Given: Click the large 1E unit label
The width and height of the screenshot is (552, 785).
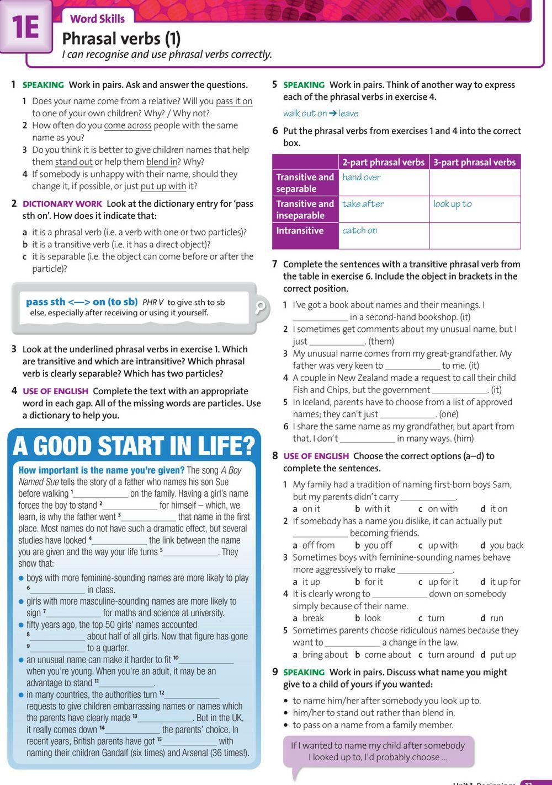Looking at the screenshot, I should [x=25, y=27].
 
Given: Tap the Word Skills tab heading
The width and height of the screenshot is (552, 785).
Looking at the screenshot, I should [x=97, y=19].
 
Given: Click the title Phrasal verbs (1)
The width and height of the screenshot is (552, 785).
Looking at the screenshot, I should [x=121, y=39].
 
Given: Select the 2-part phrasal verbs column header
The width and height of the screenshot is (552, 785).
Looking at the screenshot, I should [x=383, y=162].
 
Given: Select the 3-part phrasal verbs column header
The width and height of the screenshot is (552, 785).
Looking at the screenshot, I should [x=474, y=162].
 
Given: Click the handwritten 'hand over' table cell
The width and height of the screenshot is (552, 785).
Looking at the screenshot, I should [x=361, y=177].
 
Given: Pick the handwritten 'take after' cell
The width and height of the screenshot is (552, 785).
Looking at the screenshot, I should [x=363, y=204].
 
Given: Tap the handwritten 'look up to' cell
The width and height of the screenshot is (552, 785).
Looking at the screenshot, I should [x=452, y=204].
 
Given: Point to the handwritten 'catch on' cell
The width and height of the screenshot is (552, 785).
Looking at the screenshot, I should [x=359, y=230].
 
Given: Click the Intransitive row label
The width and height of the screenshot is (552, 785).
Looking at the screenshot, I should [x=300, y=230].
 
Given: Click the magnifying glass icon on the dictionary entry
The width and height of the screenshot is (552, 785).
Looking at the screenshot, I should [x=260, y=307].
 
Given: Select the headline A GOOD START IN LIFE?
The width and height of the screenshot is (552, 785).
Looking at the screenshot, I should [x=134, y=446].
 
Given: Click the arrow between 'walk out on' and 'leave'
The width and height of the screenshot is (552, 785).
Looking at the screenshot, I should [x=332, y=114].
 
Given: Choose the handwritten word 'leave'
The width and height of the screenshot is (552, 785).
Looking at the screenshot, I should [x=348, y=114].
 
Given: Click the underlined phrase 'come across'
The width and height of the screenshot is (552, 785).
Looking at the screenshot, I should [x=128, y=126].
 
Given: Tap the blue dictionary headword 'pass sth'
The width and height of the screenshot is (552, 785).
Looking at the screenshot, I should [x=45, y=302].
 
